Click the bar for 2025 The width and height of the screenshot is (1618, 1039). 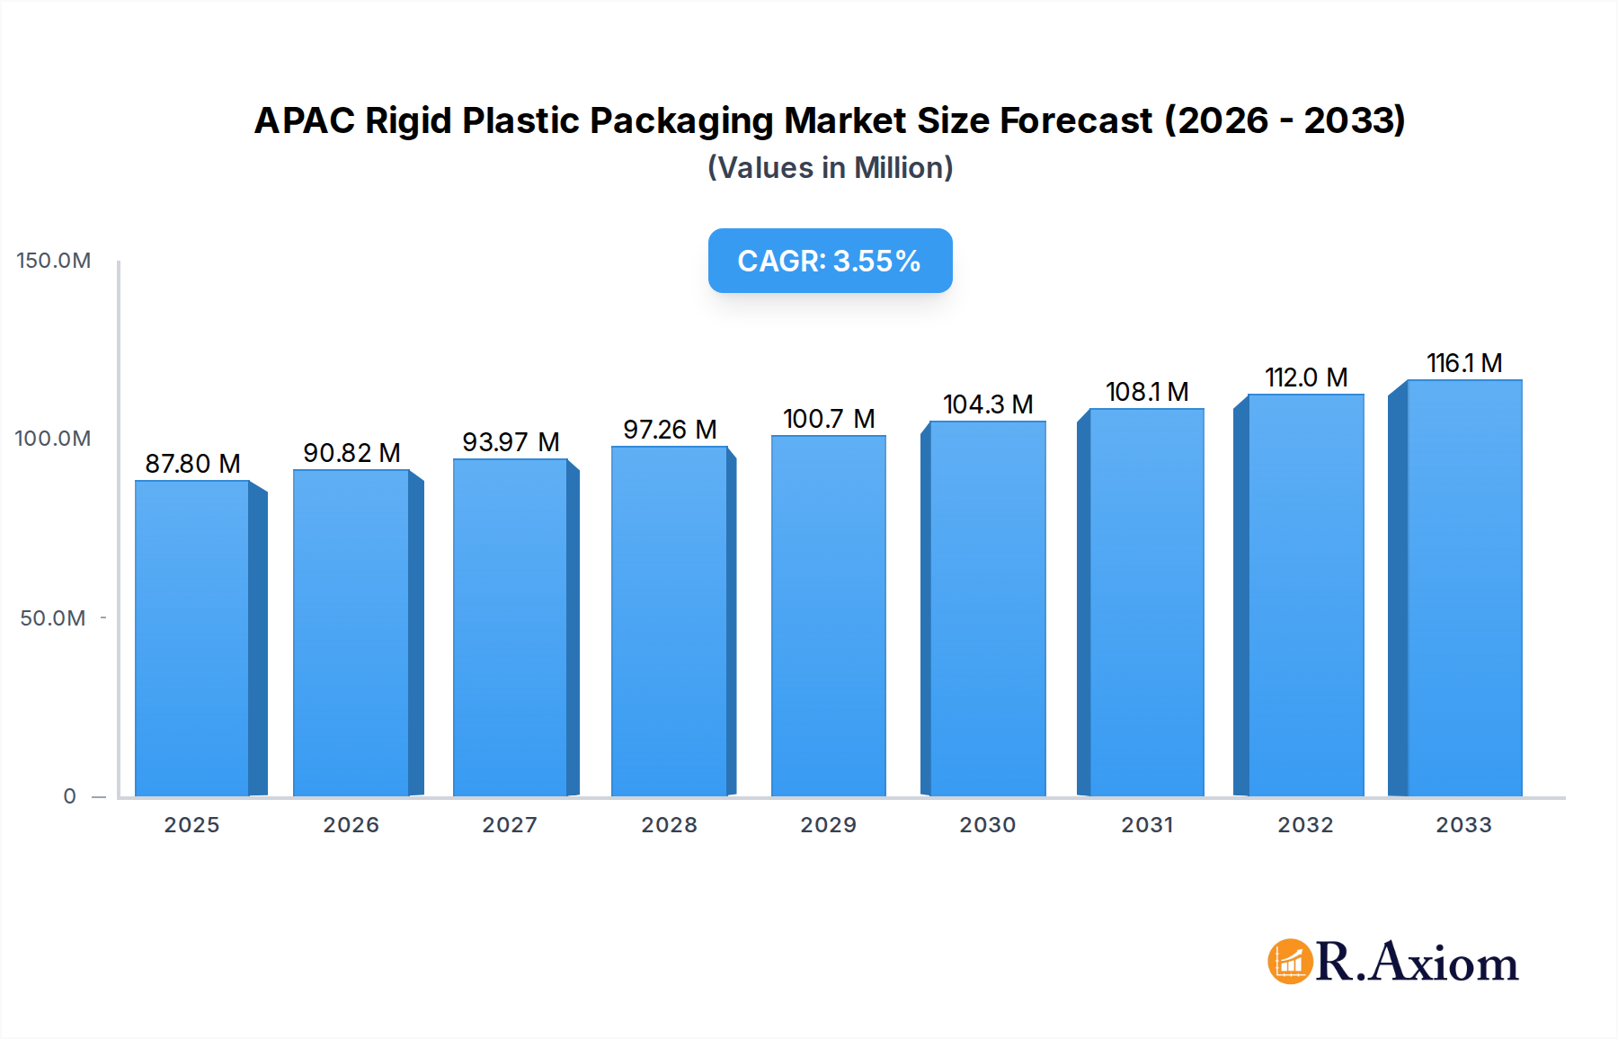(x=192, y=638)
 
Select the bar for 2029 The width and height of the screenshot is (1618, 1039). (x=828, y=617)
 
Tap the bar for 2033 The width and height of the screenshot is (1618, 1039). (x=1463, y=589)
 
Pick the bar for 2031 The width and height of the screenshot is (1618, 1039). (x=1146, y=602)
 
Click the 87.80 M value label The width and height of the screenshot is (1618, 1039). (x=192, y=464)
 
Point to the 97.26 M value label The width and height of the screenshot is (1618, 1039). (x=670, y=430)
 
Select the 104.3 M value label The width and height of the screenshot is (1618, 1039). (x=988, y=404)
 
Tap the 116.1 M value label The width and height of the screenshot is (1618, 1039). (x=1464, y=363)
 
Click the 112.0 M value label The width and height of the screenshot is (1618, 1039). (x=1306, y=377)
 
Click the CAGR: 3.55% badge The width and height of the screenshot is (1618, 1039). (x=830, y=261)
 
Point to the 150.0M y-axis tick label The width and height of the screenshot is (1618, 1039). (x=54, y=261)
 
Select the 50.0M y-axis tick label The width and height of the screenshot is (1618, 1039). (x=53, y=618)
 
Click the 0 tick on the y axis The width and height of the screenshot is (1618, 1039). (x=69, y=796)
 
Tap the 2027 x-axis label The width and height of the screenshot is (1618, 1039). (x=510, y=825)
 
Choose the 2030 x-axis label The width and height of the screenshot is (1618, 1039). (x=987, y=825)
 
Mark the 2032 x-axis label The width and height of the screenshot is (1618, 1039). (x=1305, y=825)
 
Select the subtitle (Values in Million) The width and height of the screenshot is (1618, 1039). (x=830, y=168)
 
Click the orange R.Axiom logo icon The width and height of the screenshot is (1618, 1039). (x=1290, y=962)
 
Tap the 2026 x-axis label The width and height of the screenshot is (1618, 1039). (x=351, y=825)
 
